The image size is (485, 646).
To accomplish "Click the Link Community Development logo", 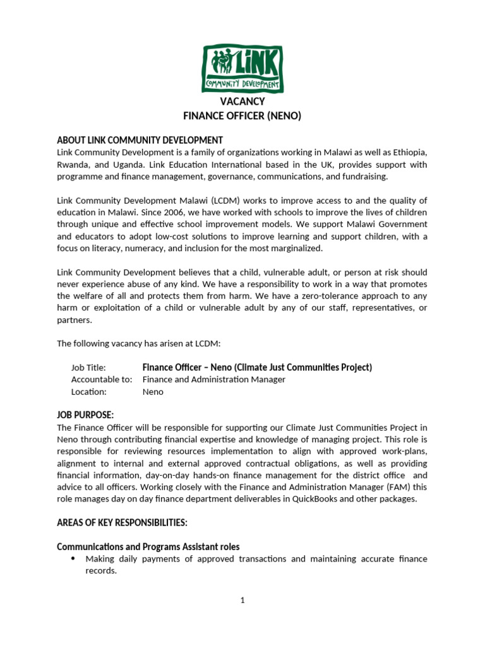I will tap(242, 68).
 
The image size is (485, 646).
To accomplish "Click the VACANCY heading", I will tap(242, 102).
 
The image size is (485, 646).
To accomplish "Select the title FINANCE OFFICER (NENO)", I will tap(242, 116).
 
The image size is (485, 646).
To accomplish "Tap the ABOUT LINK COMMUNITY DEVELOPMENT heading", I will tap(140, 140).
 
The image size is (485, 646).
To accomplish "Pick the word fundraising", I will tap(363, 176).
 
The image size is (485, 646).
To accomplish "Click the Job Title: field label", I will tap(88, 368).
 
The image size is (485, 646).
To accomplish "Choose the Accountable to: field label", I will tap(102, 380).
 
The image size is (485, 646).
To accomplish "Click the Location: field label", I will tap(89, 392).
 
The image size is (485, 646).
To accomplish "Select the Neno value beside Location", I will tap(153, 392).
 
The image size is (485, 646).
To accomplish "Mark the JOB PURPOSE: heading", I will tap(85, 415).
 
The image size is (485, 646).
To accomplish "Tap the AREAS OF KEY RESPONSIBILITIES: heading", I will tap(122, 522).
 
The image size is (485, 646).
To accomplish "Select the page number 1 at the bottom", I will tap(242, 601).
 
